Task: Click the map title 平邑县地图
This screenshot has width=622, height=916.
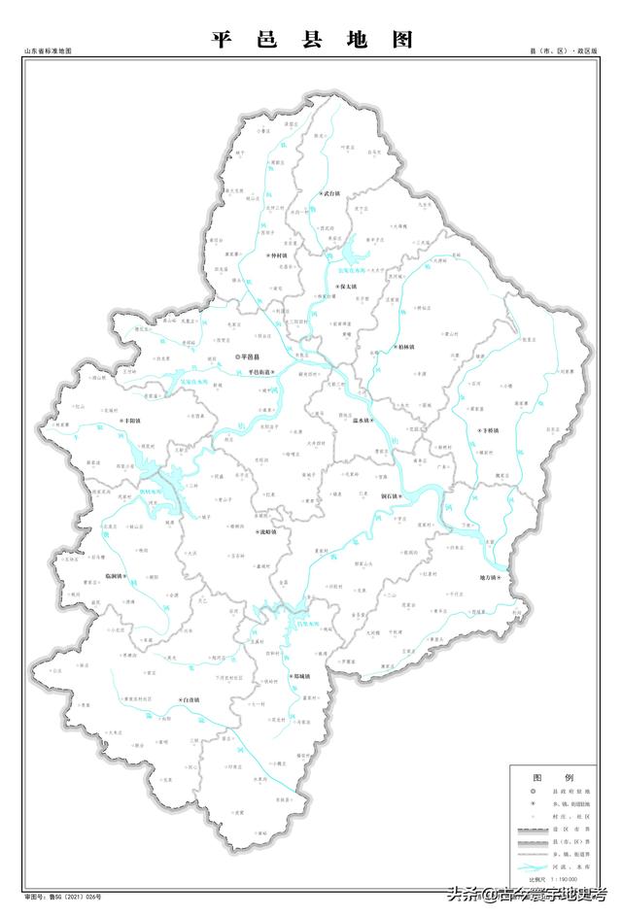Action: coord(312,40)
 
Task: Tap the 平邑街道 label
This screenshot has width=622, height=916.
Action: coord(260,372)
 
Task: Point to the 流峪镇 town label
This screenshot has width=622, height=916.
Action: coord(265,532)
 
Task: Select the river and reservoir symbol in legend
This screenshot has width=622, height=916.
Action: coord(533,863)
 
